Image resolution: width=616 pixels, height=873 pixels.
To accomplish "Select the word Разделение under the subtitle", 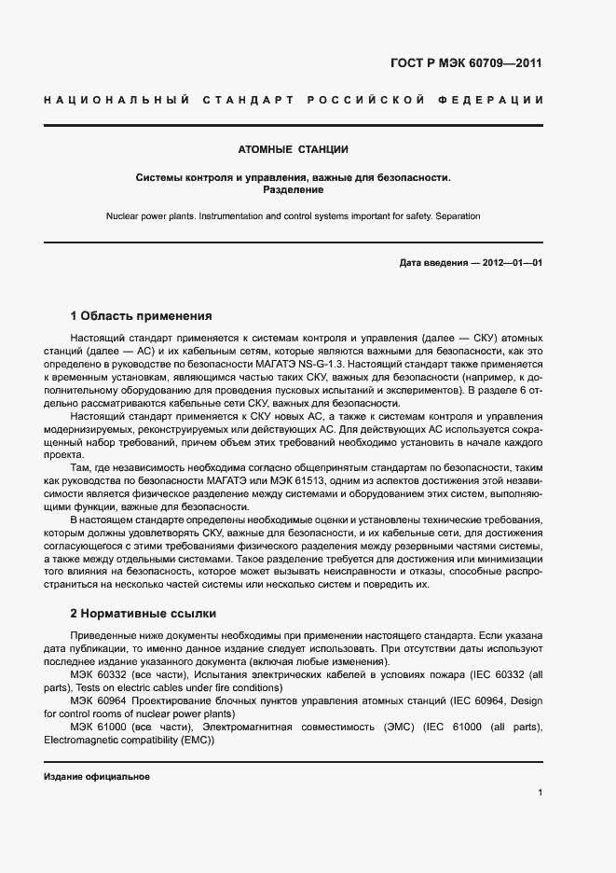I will pyautogui.click(x=294, y=189).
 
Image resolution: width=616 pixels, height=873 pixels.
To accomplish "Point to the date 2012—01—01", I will pyautogui.click(x=509, y=263).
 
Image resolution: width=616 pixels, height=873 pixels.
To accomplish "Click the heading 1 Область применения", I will pyautogui.click(x=142, y=316).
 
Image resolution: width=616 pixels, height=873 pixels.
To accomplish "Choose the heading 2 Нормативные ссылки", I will pyautogui.click(x=144, y=614).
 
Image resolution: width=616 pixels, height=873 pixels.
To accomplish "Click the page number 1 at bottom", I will pyautogui.click(x=540, y=793).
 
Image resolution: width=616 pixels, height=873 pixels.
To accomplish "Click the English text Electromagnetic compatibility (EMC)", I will pyautogui.click(x=129, y=741).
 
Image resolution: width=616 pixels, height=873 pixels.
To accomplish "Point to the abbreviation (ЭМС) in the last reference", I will pyautogui.click(x=378, y=727).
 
